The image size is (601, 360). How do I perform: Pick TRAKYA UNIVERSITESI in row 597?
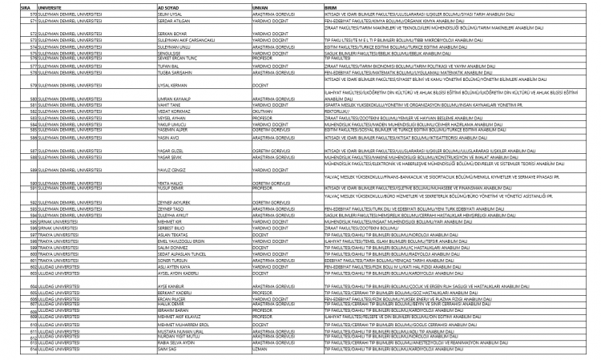[37, 250]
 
